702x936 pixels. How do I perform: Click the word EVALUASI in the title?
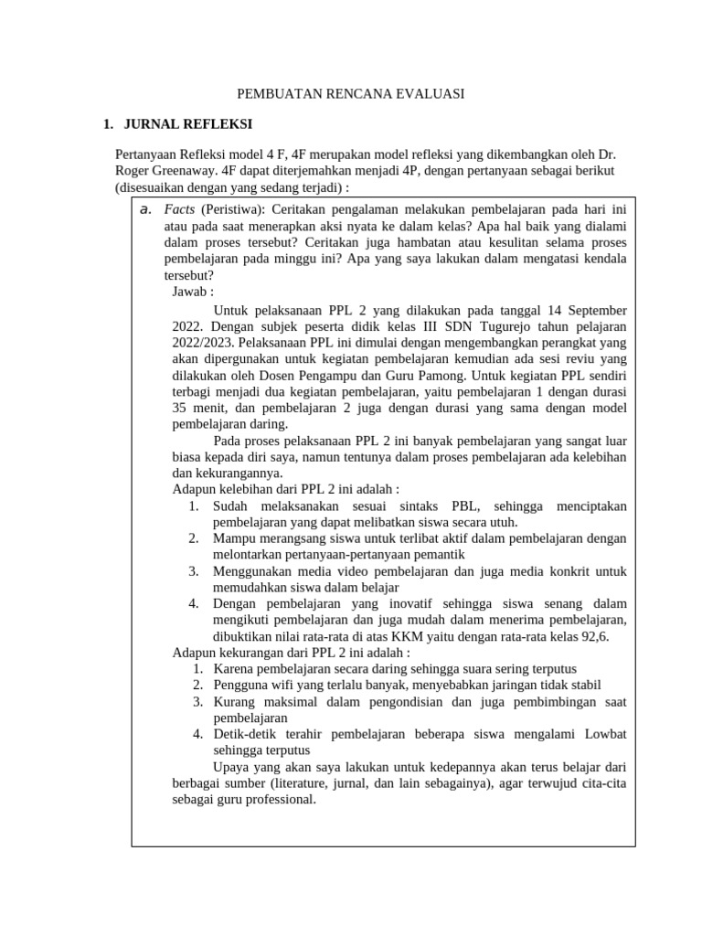coord(430,94)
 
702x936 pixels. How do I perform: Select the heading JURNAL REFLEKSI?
coord(188,124)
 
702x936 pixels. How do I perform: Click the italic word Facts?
coord(181,209)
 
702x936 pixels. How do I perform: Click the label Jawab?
coord(192,292)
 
